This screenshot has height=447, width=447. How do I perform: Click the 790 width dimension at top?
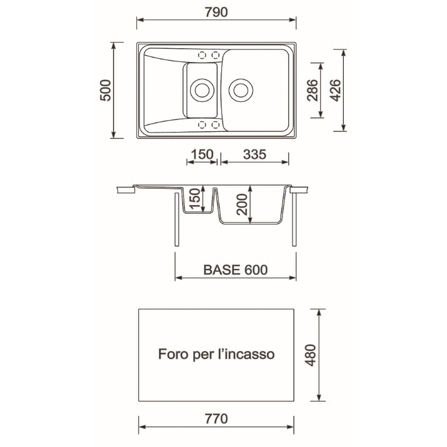(216, 13)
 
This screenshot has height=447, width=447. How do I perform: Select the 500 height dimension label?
(106, 90)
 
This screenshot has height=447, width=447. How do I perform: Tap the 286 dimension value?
(313, 90)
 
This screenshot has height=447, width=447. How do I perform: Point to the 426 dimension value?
(336, 90)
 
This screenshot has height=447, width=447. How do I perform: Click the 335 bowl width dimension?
(254, 154)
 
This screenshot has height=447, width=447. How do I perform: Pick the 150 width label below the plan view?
(202, 154)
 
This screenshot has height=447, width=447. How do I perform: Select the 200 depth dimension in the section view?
(242, 204)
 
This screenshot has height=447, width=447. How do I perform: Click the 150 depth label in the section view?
(195, 199)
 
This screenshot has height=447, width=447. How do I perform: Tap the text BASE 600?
(236, 269)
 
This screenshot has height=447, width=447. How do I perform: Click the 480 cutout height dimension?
(311, 355)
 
